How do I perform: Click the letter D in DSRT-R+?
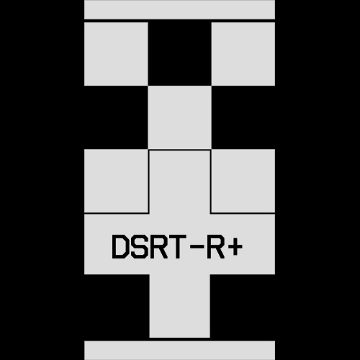120,246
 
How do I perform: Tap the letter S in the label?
140,246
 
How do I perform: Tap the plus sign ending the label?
235,246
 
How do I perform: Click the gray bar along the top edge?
179,9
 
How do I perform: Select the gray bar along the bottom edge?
179,351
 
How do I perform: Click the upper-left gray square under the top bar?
116,54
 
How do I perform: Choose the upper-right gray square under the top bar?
243,54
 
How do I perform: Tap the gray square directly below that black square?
179,117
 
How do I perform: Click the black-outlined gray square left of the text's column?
116,181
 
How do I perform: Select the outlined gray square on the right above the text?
243,181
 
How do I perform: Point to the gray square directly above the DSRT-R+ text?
179,181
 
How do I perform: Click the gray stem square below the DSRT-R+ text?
179,306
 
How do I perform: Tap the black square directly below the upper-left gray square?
116,117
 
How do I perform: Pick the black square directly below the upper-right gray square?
243,117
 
